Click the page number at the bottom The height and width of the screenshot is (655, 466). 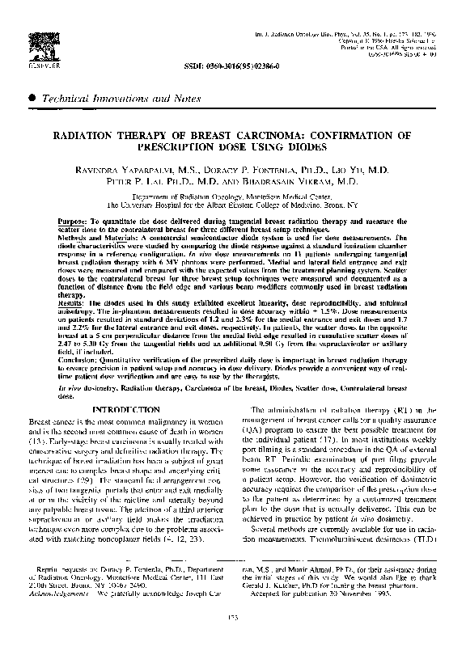click(x=232, y=640)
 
